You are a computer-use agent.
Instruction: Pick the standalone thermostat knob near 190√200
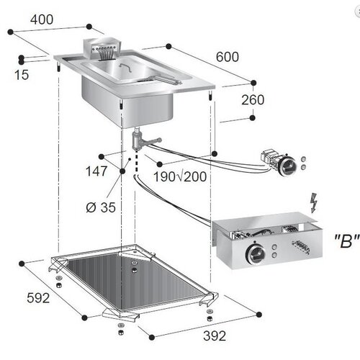(x=288, y=166)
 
